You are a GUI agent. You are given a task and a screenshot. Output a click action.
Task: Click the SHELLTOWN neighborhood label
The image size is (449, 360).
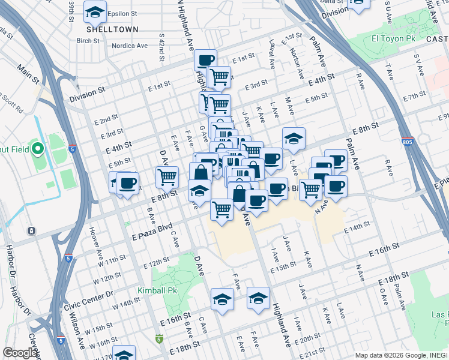pyautogui.click(x=112, y=29)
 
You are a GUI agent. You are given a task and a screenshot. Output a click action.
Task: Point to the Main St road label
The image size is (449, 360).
pyautogui.click(x=28, y=75)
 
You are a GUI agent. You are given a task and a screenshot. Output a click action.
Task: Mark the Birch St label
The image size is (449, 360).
pyautogui.click(x=88, y=41)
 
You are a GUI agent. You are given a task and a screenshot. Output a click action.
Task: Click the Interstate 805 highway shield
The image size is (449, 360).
pyautogui.click(x=408, y=142)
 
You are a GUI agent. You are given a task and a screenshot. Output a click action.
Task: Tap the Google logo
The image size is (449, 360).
pyautogui.click(x=20, y=353)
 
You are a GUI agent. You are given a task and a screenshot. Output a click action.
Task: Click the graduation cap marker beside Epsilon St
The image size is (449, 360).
pyautogui.click(x=95, y=11)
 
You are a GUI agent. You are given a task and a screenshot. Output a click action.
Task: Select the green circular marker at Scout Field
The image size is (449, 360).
pyautogui.click(x=37, y=148)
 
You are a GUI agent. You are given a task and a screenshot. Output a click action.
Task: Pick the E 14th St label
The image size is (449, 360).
pyautogui.click(x=357, y=230)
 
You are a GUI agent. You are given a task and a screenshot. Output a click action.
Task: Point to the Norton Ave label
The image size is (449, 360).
pyautogui.click(x=297, y=64)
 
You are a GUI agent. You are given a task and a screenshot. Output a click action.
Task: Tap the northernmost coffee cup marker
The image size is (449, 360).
pyautogui.click(x=206, y=59)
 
